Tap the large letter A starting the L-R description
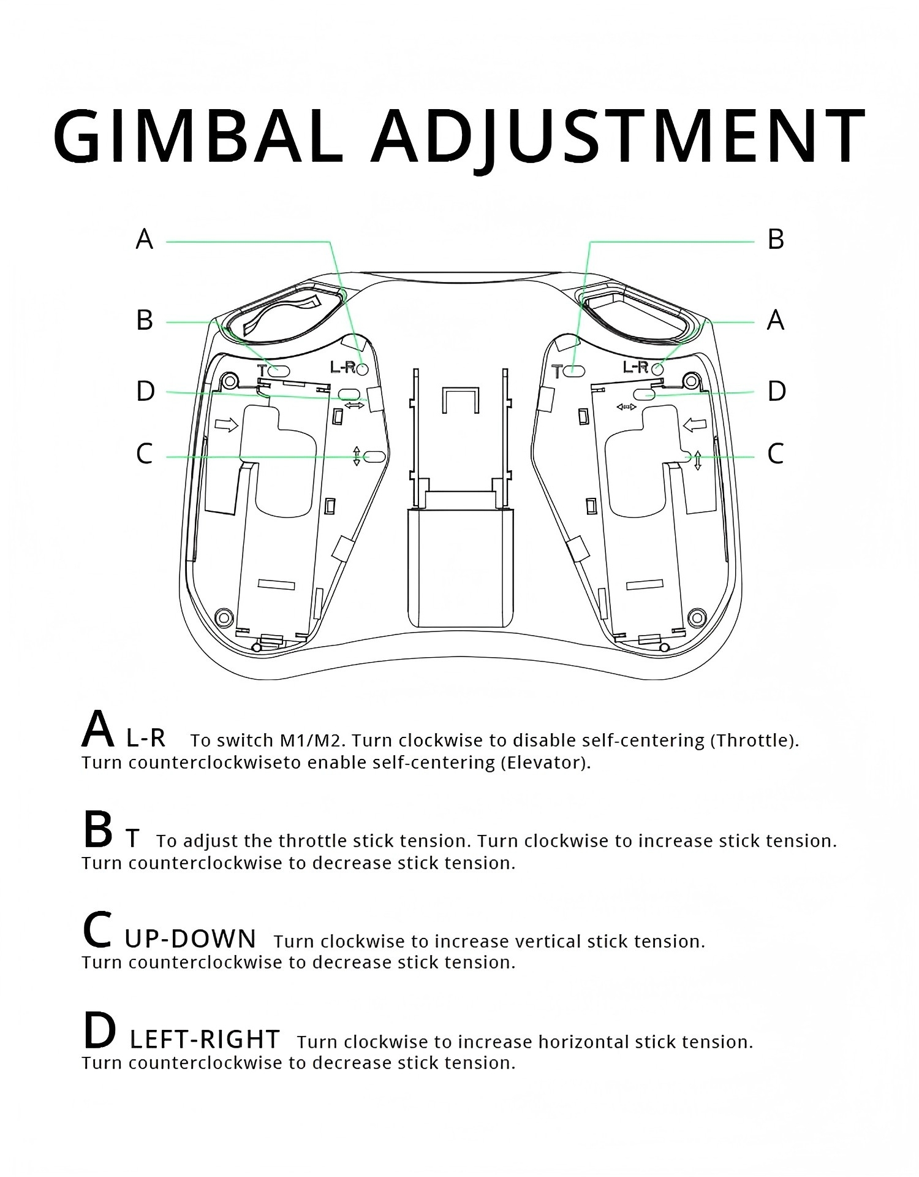coord(98,729)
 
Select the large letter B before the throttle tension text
coord(98,829)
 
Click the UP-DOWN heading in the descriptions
coord(191,939)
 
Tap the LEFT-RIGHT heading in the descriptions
coord(205,1040)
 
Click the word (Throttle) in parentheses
coord(754,741)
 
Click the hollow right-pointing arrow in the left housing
coord(227,425)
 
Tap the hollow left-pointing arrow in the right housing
coord(695,424)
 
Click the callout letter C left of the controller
coord(145,454)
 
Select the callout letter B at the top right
coord(776,239)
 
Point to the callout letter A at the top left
coord(145,239)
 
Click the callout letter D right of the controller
coord(776,391)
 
